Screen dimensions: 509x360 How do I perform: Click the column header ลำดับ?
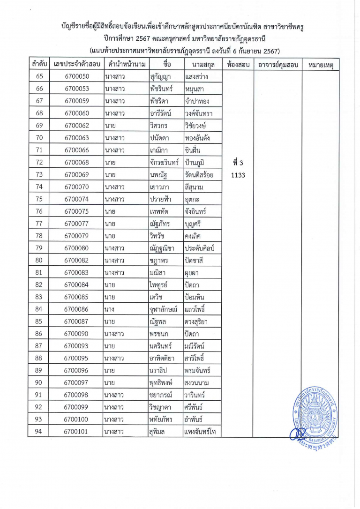(x=39, y=64)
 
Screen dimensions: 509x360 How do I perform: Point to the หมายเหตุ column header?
(x=321, y=65)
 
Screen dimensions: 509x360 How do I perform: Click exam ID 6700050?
(x=76, y=76)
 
